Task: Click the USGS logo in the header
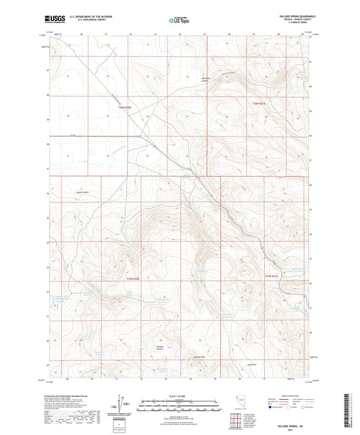pyautogui.click(x=53, y=19)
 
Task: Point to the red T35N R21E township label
pyautogui.click(x=272, y=276)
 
